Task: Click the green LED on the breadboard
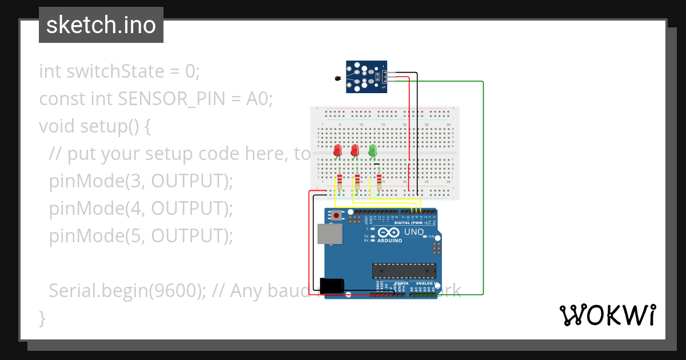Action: click(x=373, y=150)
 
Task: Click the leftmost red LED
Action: click(x=337, y=150)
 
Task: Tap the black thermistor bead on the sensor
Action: click(x=337, y=79)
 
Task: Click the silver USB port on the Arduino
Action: click(x=329, y=234)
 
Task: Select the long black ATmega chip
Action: click(x=404, y=270)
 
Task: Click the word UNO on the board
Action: click(x=414, y=232)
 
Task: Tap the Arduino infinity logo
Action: click(x=389, y=233)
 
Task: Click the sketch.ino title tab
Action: click(x=101, y=25)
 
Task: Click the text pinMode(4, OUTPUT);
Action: click(x=141, y=209)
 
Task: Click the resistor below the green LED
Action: click(x=379, y=181)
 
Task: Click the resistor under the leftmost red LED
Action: click(x=340, y=182)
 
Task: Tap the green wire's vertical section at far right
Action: click(x=484, y=189)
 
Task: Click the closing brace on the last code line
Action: click(x=42, y=318)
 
